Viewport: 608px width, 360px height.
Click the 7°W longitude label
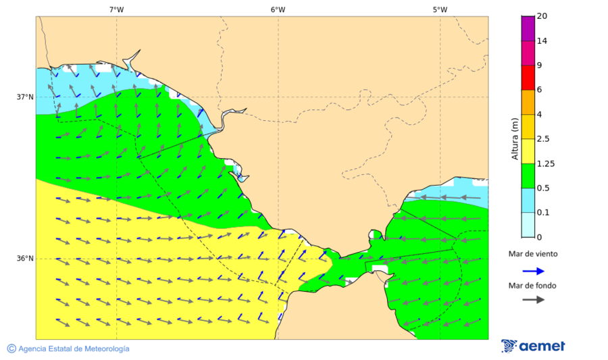[x=116, y=9]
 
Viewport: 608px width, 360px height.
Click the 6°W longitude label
[x=278, y=9]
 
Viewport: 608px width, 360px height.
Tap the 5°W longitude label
[x=440, y=9]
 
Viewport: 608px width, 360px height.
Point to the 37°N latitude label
[x=25, y=97]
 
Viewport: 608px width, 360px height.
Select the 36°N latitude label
[x=25, y=259]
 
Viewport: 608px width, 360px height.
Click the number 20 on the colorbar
[x=542, y=16]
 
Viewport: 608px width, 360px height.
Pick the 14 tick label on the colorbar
[x=542, y=41]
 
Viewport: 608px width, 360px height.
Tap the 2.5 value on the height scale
[x=542, y=139]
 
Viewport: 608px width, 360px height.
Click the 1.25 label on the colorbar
[x=544, y=163]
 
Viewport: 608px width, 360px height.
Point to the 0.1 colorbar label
[x=542, y=213]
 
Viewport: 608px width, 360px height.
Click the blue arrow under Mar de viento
[x=533, y=271]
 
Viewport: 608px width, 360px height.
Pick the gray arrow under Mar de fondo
[x=533, y=299]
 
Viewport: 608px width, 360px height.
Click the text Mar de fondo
[x=532, y=285]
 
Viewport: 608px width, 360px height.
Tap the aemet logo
[x=534, y=346]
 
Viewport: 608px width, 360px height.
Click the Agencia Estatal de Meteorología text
[x=74, y=349]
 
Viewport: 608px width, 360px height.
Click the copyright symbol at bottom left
[x=11, y=349]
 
